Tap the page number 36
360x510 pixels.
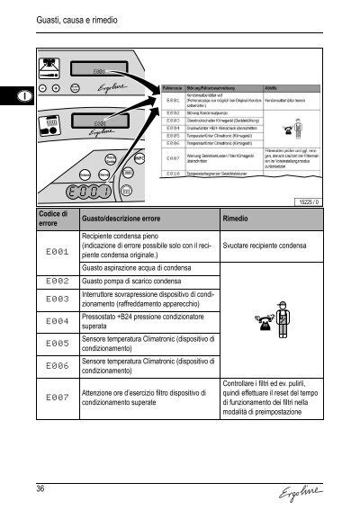tap(41, 488)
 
